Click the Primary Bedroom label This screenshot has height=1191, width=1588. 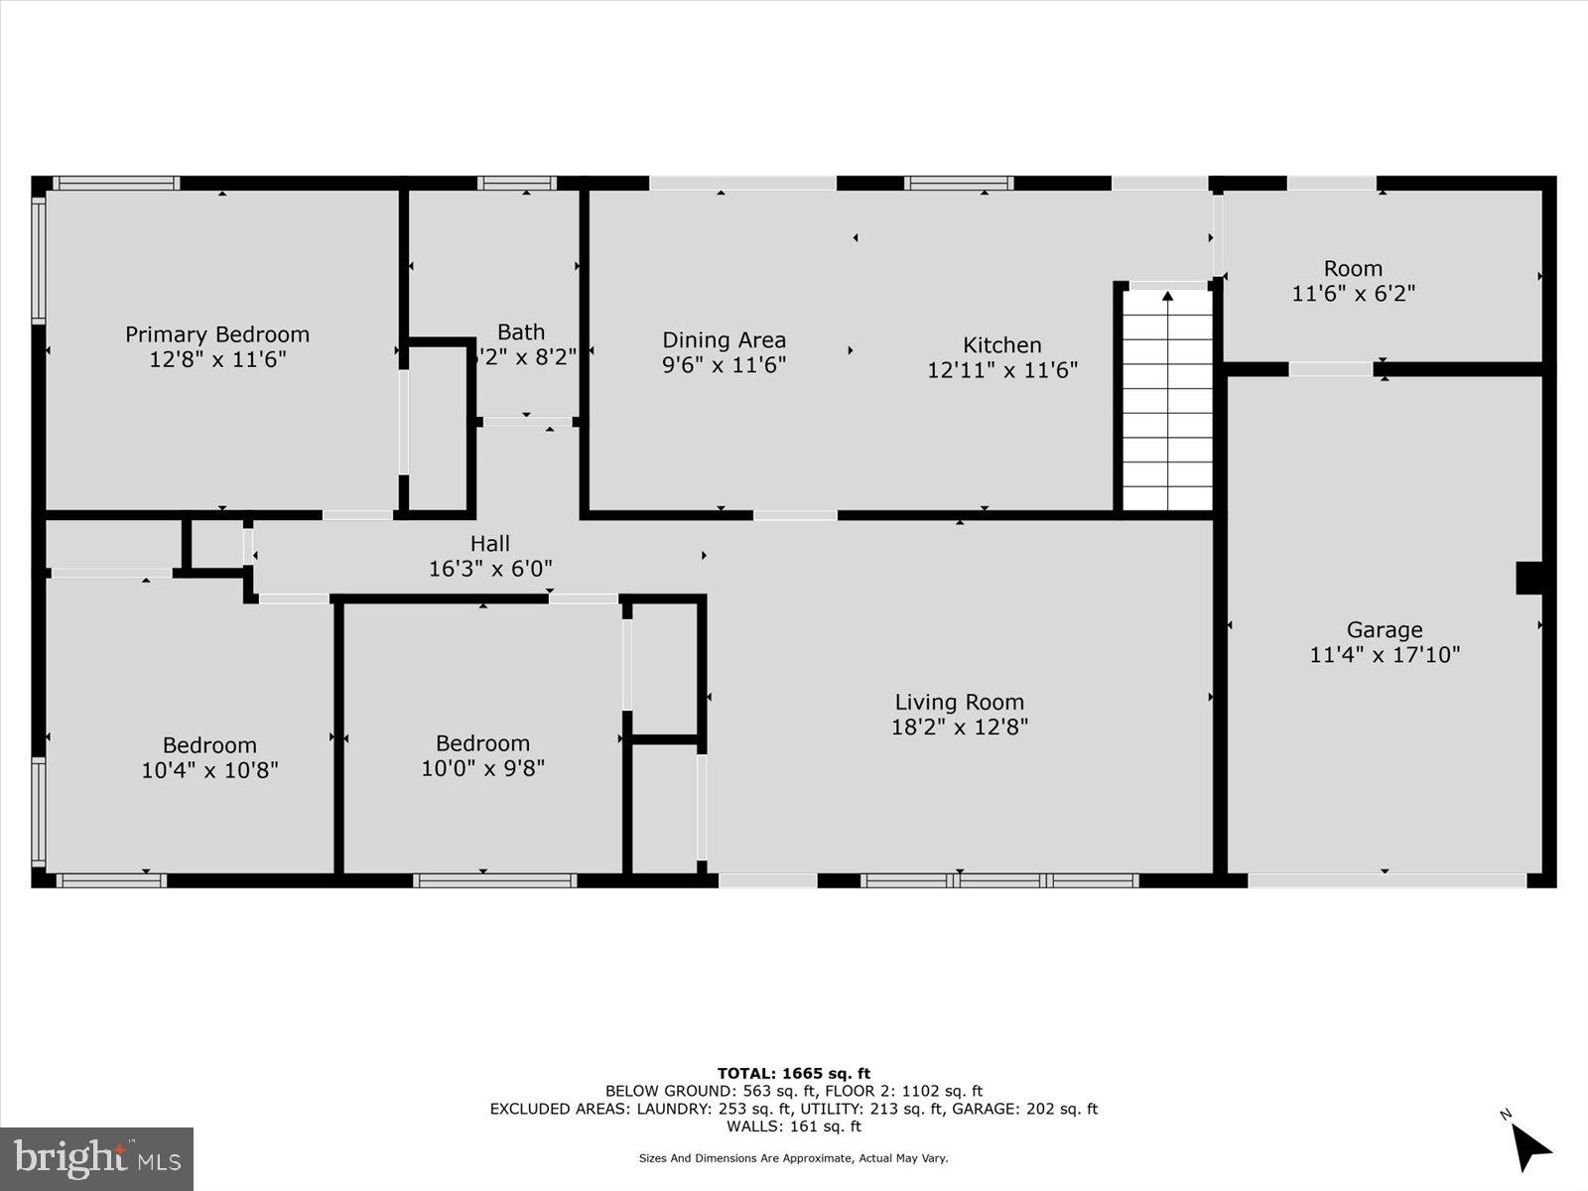click(x=217, y=334)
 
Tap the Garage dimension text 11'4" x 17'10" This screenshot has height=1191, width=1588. click(x=1385, y=655)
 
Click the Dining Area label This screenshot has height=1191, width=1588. click(x=724, y=340)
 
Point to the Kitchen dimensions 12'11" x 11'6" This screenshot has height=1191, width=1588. click(x=1002, y=370)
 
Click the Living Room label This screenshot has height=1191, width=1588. click(x=959, y=702)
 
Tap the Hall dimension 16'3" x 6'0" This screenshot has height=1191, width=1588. click(x=490, y=569)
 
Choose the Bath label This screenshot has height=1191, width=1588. click(x=521, y=331)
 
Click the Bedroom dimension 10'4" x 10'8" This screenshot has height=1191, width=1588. click(x=209, y=770)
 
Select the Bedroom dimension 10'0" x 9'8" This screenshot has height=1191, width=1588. click(x=482, y=768)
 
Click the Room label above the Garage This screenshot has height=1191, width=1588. click(x=1353, y=268)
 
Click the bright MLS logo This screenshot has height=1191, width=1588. click(x=96, y=1158)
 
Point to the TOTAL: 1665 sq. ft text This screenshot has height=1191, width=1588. click(x=793, y=1073)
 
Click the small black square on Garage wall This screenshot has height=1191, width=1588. click(x=1529, y=578)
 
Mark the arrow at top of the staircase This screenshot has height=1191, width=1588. click(x=1168, y=296)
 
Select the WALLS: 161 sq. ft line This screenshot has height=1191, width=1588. click(x=793, y=1126)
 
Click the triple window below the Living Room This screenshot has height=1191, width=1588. click(x=998, y=880)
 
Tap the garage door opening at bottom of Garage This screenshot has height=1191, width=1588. click(x=1386, y=880)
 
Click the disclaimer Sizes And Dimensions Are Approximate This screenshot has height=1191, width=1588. click(x=793, y=1158)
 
